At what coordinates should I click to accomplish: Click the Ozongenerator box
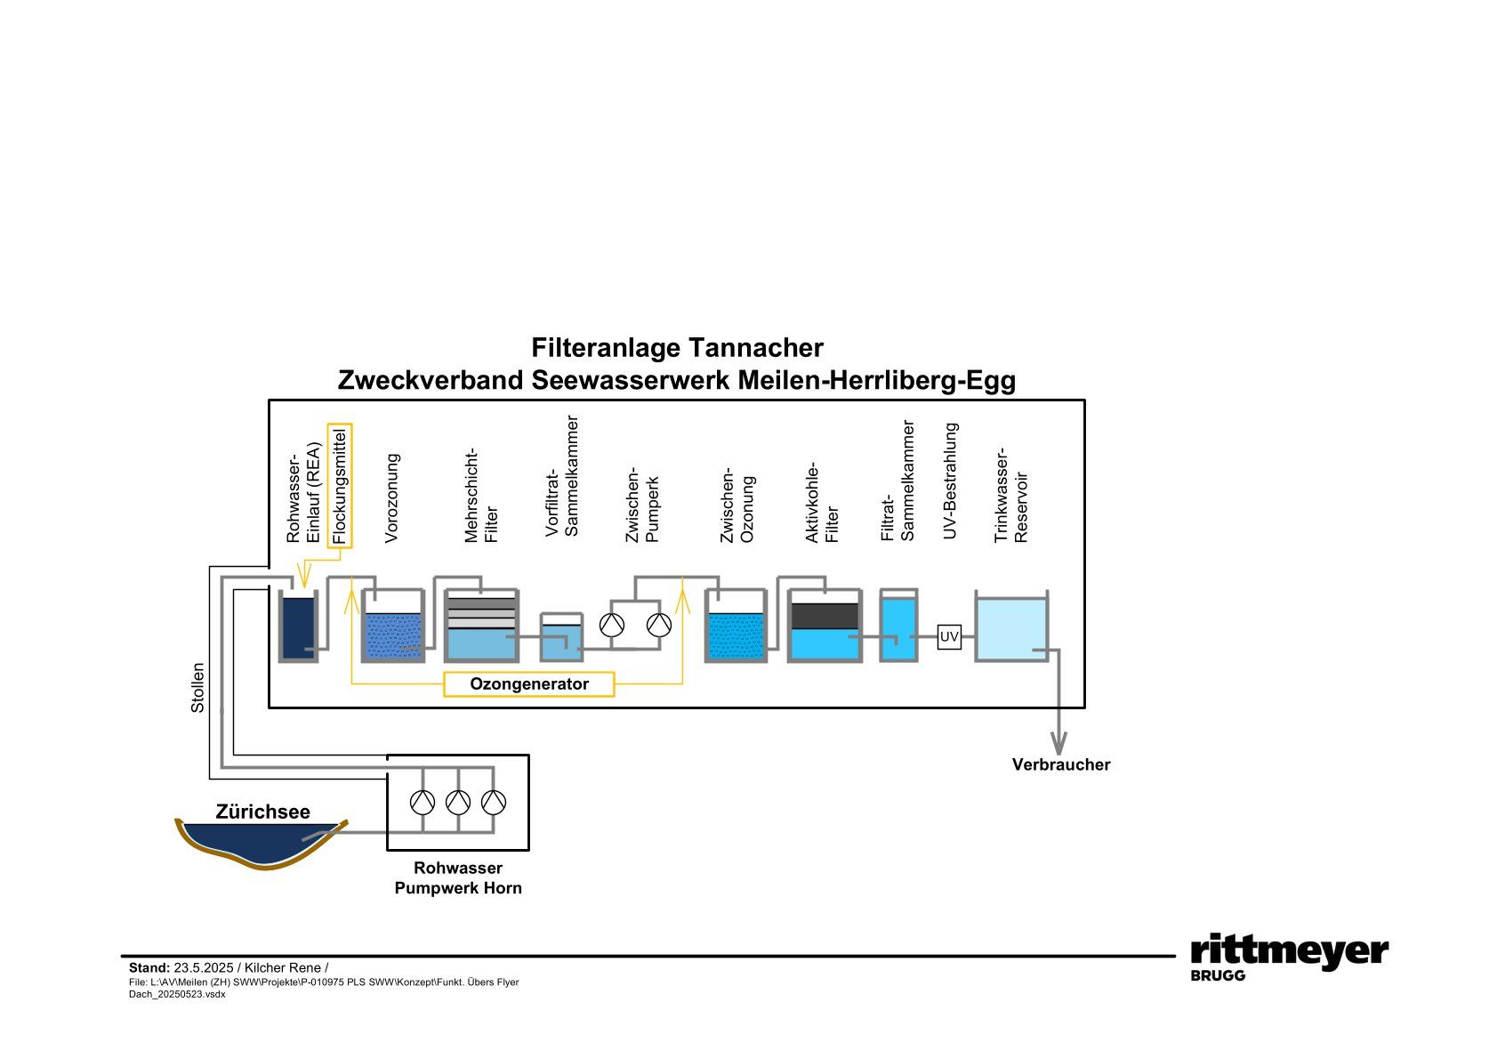[x=528, y=684]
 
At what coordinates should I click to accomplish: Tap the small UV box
[x=949, y=636]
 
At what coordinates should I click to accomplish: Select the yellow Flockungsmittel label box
[x=340, y=486]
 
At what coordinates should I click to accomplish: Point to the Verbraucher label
[x=1060, y=764]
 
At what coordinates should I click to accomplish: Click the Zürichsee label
[x=262, y=812]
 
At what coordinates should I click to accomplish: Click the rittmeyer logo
[x=1289, y=950]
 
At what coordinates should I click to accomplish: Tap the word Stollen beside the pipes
[x=197, y=687]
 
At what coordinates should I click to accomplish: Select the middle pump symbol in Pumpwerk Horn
[x=458, y=803]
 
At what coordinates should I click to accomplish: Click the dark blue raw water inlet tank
[x=298, y=627]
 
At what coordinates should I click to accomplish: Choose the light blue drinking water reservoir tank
[x=1011, y=628]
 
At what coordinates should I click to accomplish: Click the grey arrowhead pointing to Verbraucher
[x=1058, y=743]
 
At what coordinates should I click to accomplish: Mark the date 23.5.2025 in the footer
[x=204, y=967]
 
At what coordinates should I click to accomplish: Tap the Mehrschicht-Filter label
[x=481, y=496]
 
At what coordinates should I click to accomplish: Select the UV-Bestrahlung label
[x=950, y=481]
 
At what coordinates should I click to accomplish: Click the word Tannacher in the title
[x=755, y=348]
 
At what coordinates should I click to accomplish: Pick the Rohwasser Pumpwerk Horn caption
[x=458, y=877]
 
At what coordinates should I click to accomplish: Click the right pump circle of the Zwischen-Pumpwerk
[x=659, y=625]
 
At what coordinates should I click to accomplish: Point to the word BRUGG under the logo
[x=1218, y=975]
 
